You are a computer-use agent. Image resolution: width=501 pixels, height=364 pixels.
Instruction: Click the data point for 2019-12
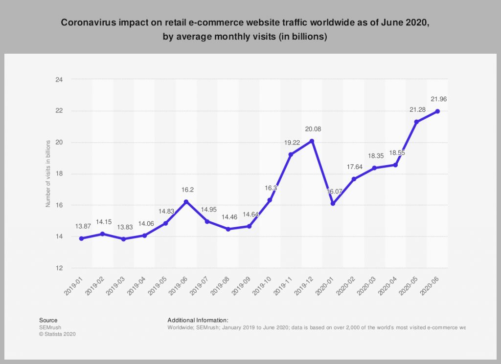coord(312,141)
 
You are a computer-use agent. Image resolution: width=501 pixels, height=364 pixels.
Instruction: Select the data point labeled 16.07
coord(333,203)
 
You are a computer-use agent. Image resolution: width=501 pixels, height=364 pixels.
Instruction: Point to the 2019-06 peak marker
coord(186,202)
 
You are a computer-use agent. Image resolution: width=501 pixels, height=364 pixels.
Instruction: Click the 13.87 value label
coord(81,226)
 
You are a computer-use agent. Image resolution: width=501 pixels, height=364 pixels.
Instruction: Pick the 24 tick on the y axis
coord(60,79)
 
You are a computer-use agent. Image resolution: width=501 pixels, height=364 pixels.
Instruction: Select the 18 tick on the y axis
coord(60,174)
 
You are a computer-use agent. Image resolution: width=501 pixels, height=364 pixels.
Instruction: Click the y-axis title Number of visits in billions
coord(48,173)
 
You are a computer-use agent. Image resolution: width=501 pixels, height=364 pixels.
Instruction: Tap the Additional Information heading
coord(198,321)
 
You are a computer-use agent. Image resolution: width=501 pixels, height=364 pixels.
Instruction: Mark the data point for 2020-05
coord(416,122)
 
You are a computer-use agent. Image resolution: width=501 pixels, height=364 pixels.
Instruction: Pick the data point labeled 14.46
coord(228,229)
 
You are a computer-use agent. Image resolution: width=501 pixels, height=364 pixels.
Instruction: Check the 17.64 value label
coord(353,167)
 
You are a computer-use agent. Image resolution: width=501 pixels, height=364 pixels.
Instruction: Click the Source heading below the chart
coord(48,321)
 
